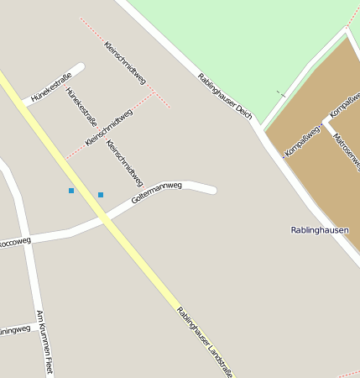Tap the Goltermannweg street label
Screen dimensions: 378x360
click(156, 194)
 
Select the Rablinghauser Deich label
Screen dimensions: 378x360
click(225, 95)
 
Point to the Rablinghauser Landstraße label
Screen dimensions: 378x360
click(204, 342)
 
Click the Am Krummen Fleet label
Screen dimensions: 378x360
click(44, 341)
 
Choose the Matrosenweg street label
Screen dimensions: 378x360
click(347, 150)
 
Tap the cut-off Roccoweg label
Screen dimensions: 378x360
click(14, 241)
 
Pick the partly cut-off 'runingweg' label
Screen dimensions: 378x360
click(14, 328)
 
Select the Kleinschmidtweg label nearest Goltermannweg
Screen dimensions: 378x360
click(124, 163)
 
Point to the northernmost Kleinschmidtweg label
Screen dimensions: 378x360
click(125, 62)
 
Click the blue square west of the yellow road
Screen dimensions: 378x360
click(71, 191)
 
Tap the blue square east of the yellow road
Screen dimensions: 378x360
click(101, 195)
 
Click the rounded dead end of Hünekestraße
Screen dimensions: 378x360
click(81, 66)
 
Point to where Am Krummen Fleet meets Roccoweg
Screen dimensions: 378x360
click(23, 239)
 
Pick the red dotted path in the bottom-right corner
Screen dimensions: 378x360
click(348, 373)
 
